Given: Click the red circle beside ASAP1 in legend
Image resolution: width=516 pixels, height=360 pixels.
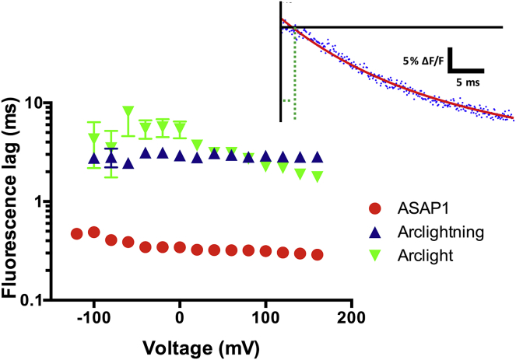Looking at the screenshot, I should pyautogui.click(x=375, y=210).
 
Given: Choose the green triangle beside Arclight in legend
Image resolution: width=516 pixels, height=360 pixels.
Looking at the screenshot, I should pyautogui.click(x=375, y=256).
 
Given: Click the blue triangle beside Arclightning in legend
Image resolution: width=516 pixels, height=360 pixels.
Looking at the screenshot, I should pyautogui.click(x=375, y=232).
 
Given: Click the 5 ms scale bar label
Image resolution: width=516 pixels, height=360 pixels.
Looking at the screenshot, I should pyautogui.click(x=467, y=80).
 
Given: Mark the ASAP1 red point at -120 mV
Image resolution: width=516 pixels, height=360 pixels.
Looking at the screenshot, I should pyautogui.click(x=77, y=233).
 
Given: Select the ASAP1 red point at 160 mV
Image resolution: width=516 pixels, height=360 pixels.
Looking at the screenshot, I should pyautogui.click(x=318, y=254).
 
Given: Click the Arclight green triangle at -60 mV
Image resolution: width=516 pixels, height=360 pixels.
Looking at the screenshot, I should pyautogui.click(x=128, y=111).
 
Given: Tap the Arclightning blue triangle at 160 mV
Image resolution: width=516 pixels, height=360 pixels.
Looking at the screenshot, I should pyautogui.click(x=318, y=156).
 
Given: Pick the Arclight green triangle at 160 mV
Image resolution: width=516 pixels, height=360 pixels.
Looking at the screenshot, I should pyautogui.click(x=318, y=176).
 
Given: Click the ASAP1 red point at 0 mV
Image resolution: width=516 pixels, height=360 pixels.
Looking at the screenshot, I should pyautogui.click(x=180, y=247).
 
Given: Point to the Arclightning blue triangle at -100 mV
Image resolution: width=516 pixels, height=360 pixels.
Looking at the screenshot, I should pyautogui.click(x=94, y=158).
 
